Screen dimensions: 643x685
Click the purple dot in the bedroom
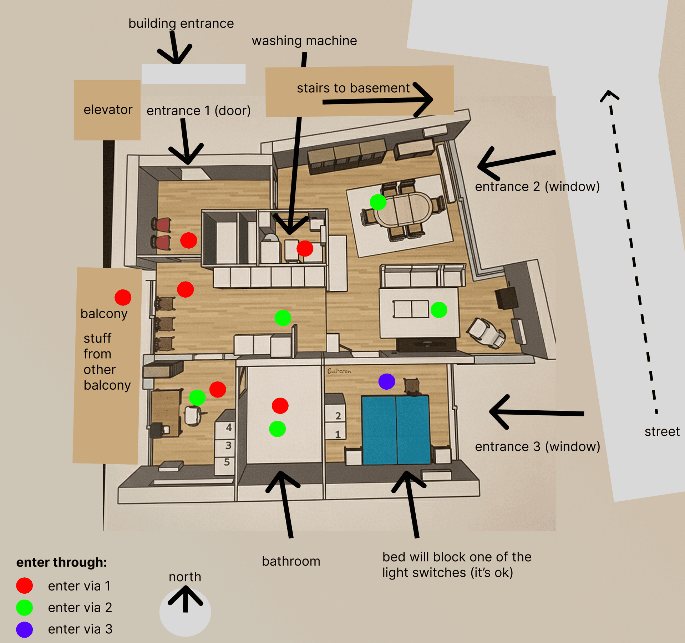coord(386,381)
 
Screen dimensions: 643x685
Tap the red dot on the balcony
coord(123,297)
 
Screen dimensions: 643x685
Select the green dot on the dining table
coord(378,202)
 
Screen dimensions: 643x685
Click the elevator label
coord(108,110)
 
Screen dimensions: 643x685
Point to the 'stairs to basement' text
coord(353,88)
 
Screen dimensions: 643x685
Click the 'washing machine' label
coord(304,41)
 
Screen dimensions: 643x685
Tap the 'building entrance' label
coord(181,24)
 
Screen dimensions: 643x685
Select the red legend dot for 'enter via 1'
coord(25,586)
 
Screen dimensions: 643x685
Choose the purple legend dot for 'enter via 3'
coord(25,629)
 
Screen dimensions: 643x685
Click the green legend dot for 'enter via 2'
coord(25,607)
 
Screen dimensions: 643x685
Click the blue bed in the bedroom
coord(396,430)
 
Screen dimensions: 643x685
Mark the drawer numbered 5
coord(227,462)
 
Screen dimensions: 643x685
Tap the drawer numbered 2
coord(338,416)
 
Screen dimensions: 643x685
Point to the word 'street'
coord(662,432)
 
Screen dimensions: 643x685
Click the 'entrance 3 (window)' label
coord(537,446)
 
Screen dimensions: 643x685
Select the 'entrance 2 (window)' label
coord(537,187)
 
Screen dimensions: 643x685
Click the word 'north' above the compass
coord(185,577)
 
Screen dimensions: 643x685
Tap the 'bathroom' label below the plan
coord(291,561)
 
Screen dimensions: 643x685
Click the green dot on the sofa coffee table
coord(439,310)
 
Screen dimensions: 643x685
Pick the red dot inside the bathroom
coord(280,406)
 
